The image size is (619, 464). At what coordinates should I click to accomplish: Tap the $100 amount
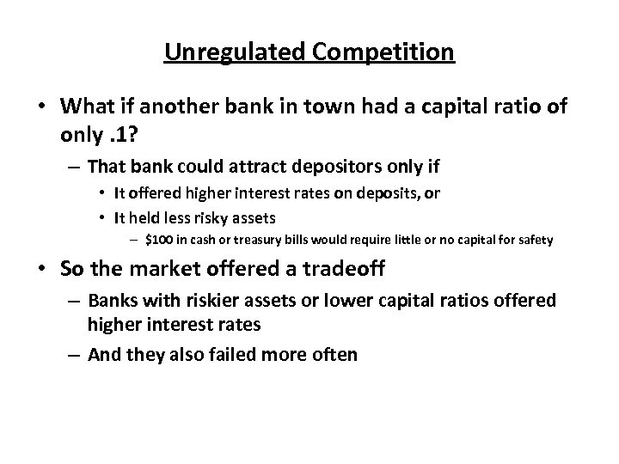pyautogui.click(x=160, y=241)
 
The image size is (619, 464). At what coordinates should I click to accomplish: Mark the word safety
pyautogui.click(x=535, y=241)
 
